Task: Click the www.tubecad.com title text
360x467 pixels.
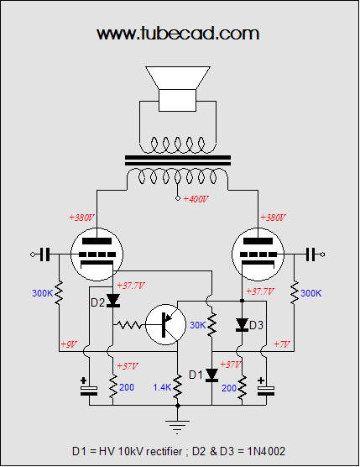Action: pyautogui.click(x=178, y=33)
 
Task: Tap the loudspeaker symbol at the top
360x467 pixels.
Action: pyautogui.click(x=178, y=89)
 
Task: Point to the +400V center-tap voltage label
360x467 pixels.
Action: pyautogui.click(x=196, y=199)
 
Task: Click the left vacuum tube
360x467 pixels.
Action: pyautogui.click(x=97, y=254)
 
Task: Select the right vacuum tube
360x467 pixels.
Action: pyautogui.click(x=258, y=254)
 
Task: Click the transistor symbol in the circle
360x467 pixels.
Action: pyautogui.click(x=165, y=325)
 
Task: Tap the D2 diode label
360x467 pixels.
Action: pyautogui.click(x=97, y=302)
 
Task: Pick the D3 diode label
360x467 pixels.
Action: pyautogui.click(x=257, y=325)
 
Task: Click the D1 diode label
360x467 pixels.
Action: pyautogui.click(x=196, y=375)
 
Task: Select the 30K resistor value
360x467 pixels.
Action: pyautogui.click(x=198, y=325)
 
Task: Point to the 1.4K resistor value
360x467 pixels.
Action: pyautogui.click(x=162, y=387)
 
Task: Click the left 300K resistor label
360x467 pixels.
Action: pyautogui.click(x=43, y=293)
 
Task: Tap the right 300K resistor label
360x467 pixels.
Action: pyautogui.click(x=311, y=293)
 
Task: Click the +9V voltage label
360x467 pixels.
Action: pyautogui.click(x=69, y=344)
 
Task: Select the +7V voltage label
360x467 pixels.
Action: pyautogui.click(x=281, y=344)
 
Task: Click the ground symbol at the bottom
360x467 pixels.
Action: pyautogui.click(x=178, y=427)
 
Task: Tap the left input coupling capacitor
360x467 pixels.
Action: pyautogui.click(x=45, y=254)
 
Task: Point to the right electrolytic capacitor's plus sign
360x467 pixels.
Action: pyautogui.click(x=261, y=380)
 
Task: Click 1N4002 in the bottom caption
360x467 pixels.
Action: pyautogui.click(x=266, y=451)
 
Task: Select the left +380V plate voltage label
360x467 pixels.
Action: pyautogui.click(x=81, y=218)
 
